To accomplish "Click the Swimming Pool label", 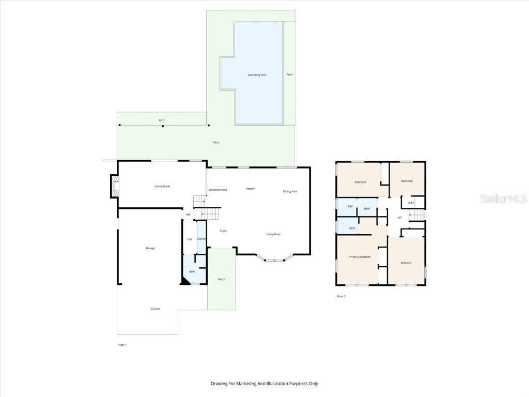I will (x=256, y=75).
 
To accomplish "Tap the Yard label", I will (x=162, y=120).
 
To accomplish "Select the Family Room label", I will (x=163, y=186).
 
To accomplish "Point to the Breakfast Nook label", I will (x=217, y=190).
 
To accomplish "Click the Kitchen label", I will (x=251, y=189).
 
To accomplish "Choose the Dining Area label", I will (x=290, y=191).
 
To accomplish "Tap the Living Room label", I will (x=273, y=235).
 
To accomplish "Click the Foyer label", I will (x=224, y=231).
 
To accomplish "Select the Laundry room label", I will (x=201, y=239).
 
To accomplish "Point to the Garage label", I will (x=150, y=248).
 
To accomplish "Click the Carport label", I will (x=155, y=309).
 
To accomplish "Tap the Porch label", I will (x=222, y=279).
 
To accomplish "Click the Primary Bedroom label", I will (x=360, y=257).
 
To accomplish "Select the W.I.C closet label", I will (x=411, y=203).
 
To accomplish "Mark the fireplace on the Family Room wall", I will (x=114, y=187).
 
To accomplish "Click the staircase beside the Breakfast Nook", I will (x=200, y=201).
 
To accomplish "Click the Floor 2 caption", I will (x=341, y=296).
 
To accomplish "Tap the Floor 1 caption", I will (x=122, y=344).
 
